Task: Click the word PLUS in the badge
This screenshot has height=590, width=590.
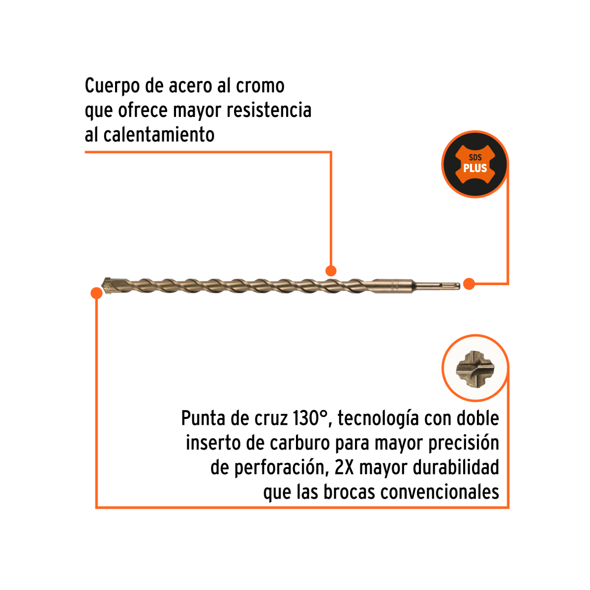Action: coord(475,168)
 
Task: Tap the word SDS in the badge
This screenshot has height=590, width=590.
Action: coord(475,157)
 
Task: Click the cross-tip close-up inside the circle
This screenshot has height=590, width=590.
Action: coord(475,369)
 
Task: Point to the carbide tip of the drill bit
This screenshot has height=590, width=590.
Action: coord(107,285)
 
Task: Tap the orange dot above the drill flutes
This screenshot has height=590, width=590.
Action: coord(331,270)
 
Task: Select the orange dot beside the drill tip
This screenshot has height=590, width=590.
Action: coord(96,293)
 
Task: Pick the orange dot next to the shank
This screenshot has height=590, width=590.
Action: coord(469,284)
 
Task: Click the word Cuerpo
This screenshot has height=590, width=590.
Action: coord(112,87)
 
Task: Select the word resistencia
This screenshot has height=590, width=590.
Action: coord(269,110)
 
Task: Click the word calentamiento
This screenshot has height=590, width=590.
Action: coord(159,134)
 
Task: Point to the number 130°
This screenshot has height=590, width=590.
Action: coord(310,418)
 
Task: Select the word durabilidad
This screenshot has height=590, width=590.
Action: coord(456,467)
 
